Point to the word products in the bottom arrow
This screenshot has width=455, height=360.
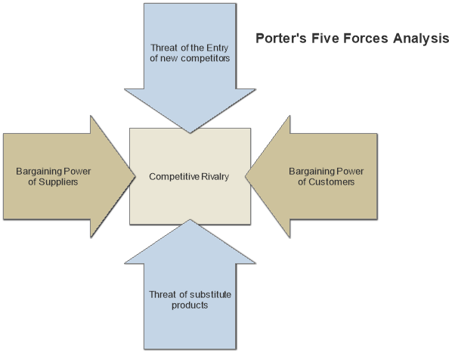(x=188, y=306)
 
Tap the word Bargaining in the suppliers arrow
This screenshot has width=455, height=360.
(x=39, y=171)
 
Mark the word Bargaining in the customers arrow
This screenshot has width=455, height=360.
(x=313, y=171)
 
